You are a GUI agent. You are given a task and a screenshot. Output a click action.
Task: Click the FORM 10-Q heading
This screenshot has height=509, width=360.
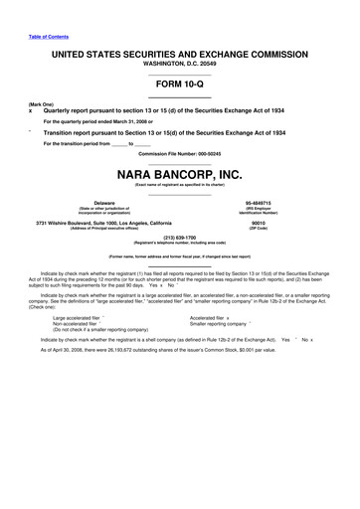[179, 85]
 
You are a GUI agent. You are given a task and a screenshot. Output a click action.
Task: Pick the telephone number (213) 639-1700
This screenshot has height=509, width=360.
[179, 238]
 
